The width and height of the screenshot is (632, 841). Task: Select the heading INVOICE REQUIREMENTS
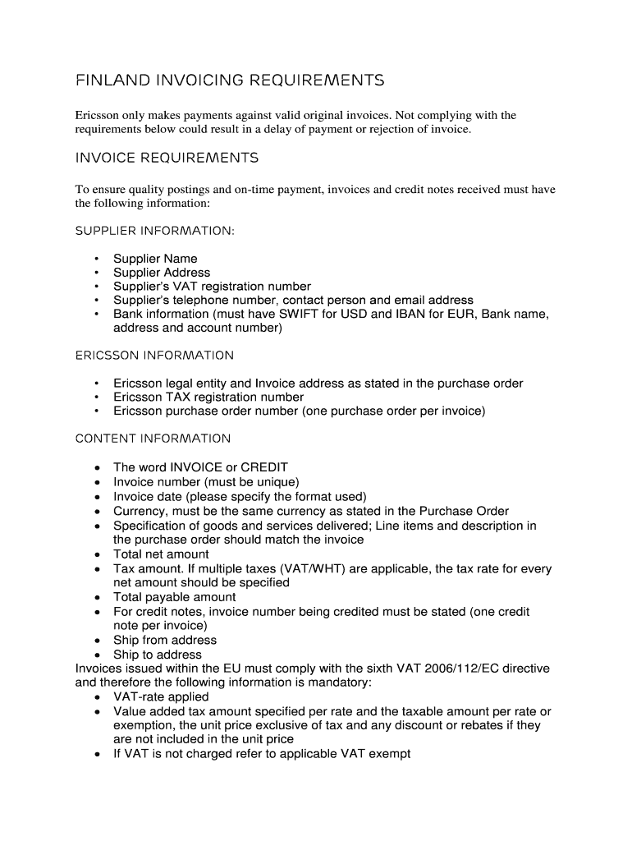click(x=167, y=158)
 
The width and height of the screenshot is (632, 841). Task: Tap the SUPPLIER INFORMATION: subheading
click(x=154, y=231)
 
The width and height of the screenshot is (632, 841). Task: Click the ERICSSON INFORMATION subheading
click(x=154, y=356)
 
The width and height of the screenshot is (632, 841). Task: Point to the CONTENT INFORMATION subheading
click(x=153, y=439)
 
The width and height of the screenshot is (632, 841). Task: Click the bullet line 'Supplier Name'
click(x=155, y=259)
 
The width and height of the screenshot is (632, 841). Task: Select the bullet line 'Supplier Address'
click(x=162, y=273)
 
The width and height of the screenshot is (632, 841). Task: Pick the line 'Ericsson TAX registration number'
click(x=208, y=398)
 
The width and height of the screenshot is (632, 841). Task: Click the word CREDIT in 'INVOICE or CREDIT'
click(x=263, y=467)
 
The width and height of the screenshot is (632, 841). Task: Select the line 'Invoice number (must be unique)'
click(x=206, y=482)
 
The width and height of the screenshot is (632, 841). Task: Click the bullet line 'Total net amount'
click(x=161, y=554)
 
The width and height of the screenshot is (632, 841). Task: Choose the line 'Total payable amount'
click(x=174, y=597)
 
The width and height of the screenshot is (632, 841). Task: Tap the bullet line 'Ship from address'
click(x=165, y=641)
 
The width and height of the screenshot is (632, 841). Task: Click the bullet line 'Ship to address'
click(x=158, y=655)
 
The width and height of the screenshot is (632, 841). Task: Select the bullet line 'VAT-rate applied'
click(x=161, y=697)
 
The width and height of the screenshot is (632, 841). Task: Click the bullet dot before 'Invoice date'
click(x=98, y=497)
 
